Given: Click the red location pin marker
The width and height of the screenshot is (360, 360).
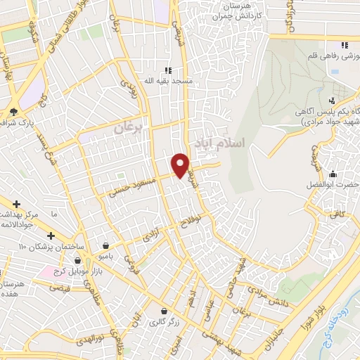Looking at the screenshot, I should coord(181,165).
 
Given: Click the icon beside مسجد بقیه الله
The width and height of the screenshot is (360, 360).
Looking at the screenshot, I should coord(167,70).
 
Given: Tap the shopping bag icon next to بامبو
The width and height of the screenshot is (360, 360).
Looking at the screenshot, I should coord(105,246).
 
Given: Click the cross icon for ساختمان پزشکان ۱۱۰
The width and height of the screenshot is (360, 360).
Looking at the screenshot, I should coord(50,236).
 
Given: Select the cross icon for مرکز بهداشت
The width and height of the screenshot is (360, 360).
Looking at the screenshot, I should coord(16,204).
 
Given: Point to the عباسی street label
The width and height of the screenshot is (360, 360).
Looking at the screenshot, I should coord(207,314).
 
